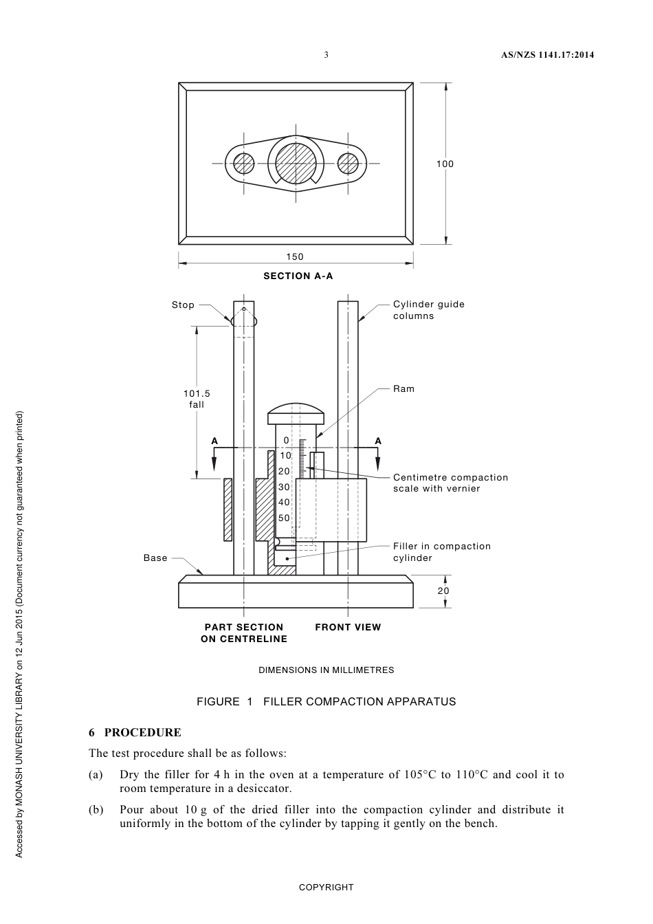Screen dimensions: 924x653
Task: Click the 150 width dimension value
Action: click(x=295, y=256)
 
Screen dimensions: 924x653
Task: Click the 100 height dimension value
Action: click(x=445, y=164)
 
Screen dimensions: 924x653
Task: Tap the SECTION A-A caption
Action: click(x=298, y=276)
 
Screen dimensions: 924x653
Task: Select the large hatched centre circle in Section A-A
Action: click(x=296, y=164)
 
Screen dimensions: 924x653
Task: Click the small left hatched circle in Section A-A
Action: click(x=244, y=164)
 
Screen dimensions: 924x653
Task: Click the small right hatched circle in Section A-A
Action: click(x=348, y=164)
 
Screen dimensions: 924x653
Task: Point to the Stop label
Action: click(x=183, y=305)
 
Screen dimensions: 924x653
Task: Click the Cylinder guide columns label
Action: click(x=428, y=310)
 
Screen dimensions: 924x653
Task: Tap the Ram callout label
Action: click(x=403, y=388)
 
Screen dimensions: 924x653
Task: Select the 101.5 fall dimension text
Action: click(x=197, y=399)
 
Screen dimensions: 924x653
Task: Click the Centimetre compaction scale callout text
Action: click(x=450, y=483)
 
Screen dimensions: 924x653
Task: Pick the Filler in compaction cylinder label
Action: click(x=441, y=552)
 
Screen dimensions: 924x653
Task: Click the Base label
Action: click(x=155, y=558)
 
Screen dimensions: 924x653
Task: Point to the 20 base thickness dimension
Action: click(x=443, y=591)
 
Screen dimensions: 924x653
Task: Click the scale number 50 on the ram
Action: click(x=284, y=518)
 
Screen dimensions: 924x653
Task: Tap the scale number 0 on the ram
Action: click(x=286, y=440)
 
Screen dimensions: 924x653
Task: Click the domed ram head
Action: click(x=296, y=415)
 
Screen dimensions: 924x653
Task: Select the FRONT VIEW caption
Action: click(x=348, y=627)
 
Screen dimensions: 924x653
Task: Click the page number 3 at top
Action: click(x=326, y=55)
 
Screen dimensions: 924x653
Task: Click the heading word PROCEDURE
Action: click(x=142, y=732)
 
